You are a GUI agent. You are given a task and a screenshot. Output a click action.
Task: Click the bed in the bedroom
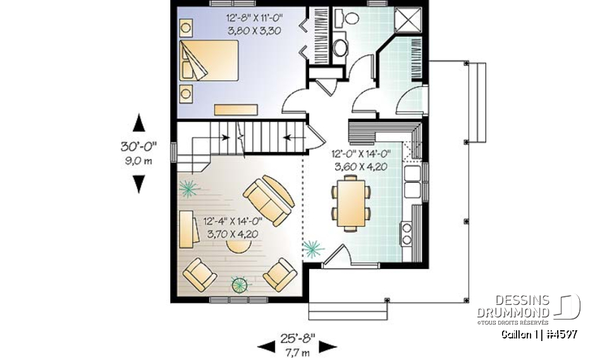point(209,61)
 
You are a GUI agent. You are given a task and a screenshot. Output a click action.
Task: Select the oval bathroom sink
point(340,47)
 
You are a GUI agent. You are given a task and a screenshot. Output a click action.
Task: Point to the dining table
point(351,202)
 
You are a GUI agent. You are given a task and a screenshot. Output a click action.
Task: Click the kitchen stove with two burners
point(405,232)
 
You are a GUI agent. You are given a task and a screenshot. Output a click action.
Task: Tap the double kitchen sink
point(412,180)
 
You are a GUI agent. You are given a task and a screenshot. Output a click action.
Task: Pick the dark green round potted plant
point(240,285)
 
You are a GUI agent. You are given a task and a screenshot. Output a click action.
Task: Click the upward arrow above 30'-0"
point(139,123)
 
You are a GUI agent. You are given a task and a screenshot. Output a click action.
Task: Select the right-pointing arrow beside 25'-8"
point(327,346)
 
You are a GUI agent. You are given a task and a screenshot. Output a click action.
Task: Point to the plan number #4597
point(561,334)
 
